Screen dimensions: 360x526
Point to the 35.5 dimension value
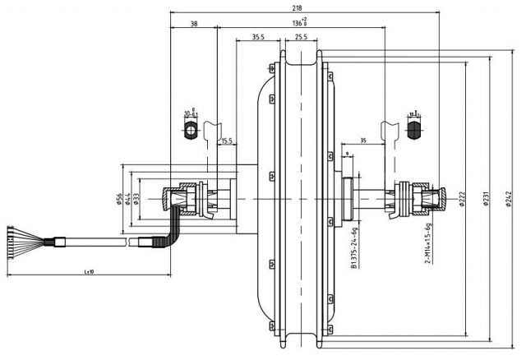258,37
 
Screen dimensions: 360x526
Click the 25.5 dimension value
300,37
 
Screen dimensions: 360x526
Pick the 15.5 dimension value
227,141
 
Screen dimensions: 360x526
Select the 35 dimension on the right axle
362,141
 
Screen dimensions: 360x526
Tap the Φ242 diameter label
510,199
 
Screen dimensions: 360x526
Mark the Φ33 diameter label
136,199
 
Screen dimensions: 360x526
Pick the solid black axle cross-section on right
415,130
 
